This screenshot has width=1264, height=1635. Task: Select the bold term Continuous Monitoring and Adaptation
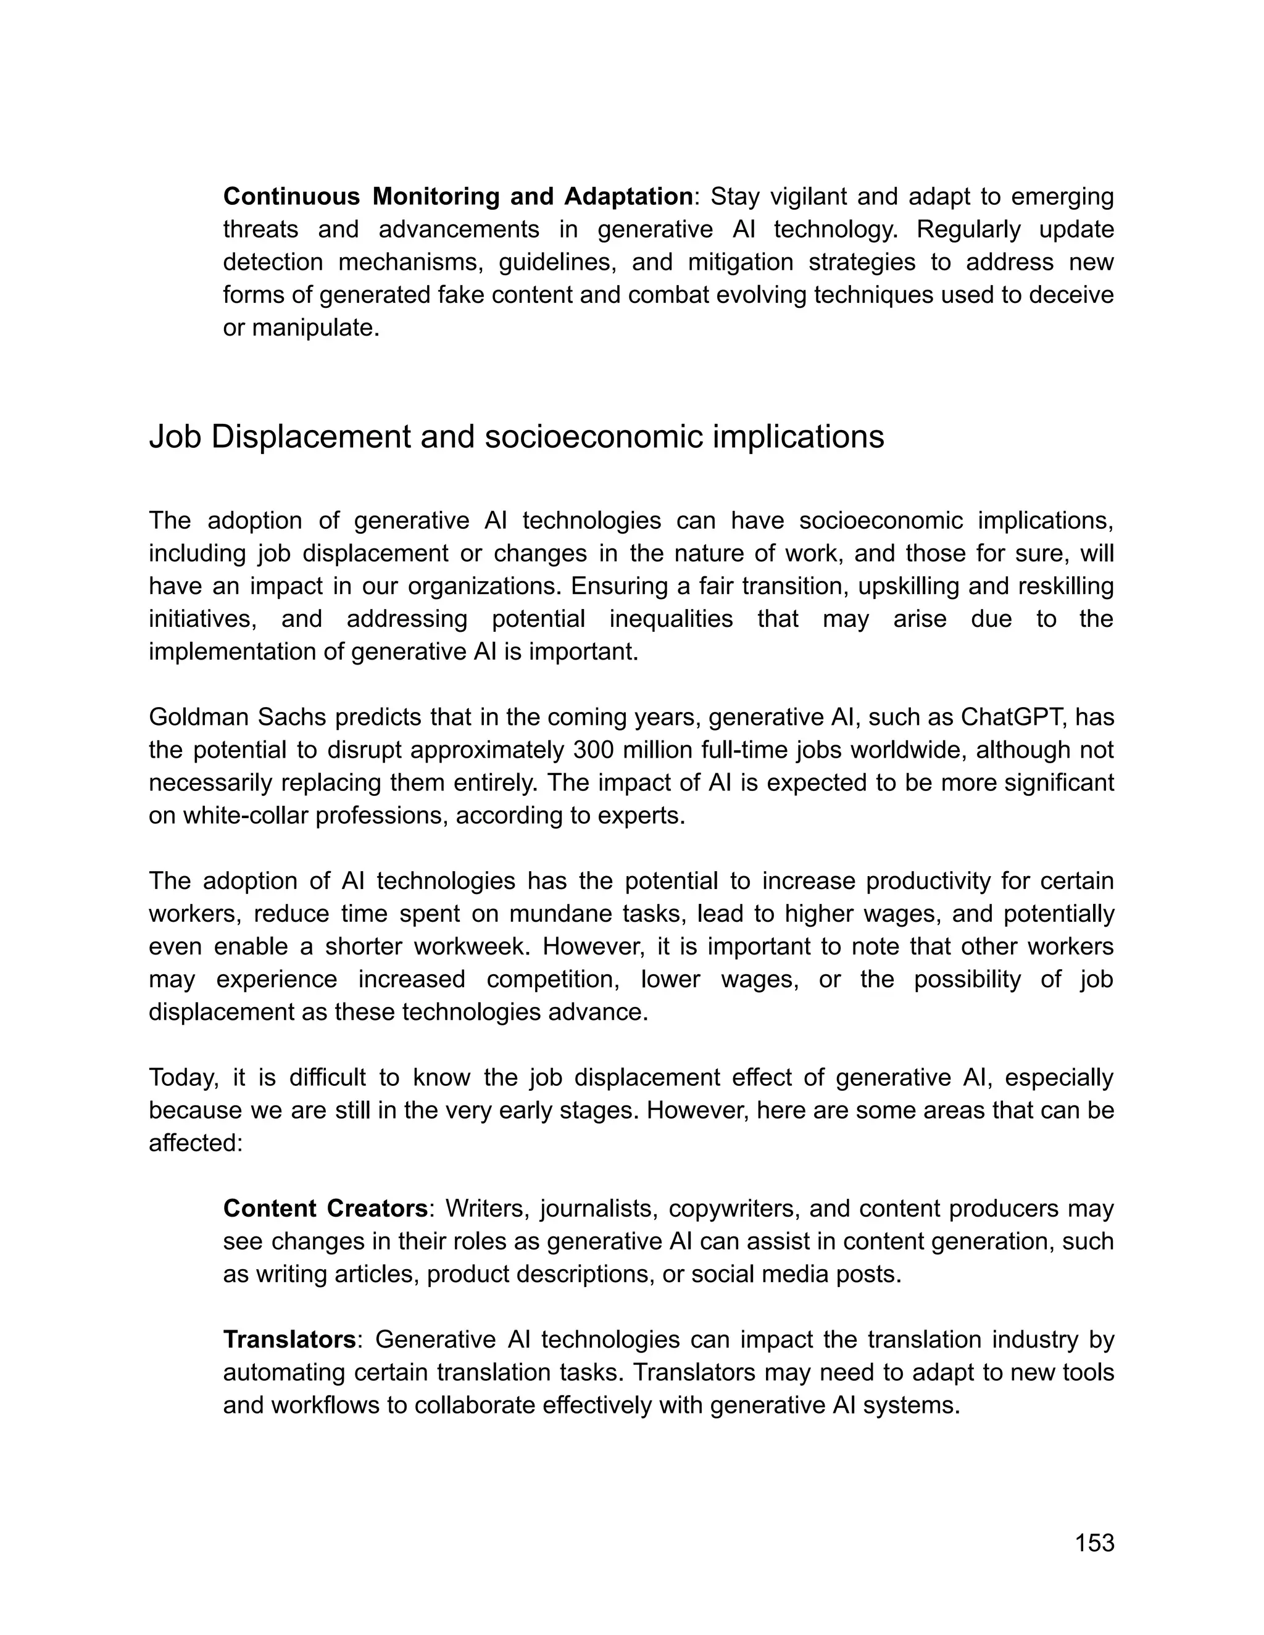(457, 196)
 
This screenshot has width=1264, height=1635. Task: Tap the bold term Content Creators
(325, 1208)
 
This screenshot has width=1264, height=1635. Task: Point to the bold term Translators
(289, 1339)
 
